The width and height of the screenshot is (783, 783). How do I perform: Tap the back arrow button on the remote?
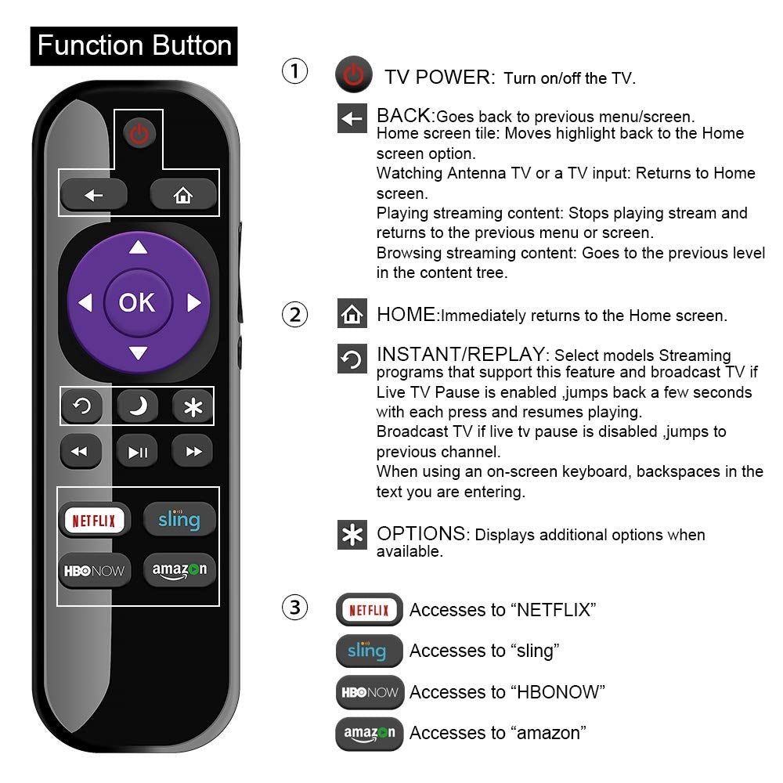click(94, 195)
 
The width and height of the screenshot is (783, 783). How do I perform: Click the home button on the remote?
click(182, 195)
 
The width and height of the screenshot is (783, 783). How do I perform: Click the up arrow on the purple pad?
click(139, 247)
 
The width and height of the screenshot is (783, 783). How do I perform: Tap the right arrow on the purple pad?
click(193, 302)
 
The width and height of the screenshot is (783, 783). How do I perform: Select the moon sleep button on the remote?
click(138, 406)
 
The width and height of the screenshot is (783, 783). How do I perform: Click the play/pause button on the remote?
click(138, 452)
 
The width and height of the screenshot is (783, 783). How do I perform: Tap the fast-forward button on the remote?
click(193, 452)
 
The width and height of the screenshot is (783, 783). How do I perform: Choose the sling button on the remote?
click(179, 519)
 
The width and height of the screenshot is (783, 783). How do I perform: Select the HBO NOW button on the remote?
click(95, 570)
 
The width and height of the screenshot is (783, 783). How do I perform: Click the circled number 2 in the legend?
click(295, 315)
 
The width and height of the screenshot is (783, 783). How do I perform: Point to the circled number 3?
click(295, 608)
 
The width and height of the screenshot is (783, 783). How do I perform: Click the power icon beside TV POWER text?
click(354, 74)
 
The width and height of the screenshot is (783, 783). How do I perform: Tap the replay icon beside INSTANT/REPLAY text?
click(352, 359)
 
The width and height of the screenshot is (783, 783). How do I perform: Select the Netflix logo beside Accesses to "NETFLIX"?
click(370, 610)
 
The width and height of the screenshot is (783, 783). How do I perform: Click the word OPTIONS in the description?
click(421, 533)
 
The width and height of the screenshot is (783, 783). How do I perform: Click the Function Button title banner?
click(134, 46)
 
